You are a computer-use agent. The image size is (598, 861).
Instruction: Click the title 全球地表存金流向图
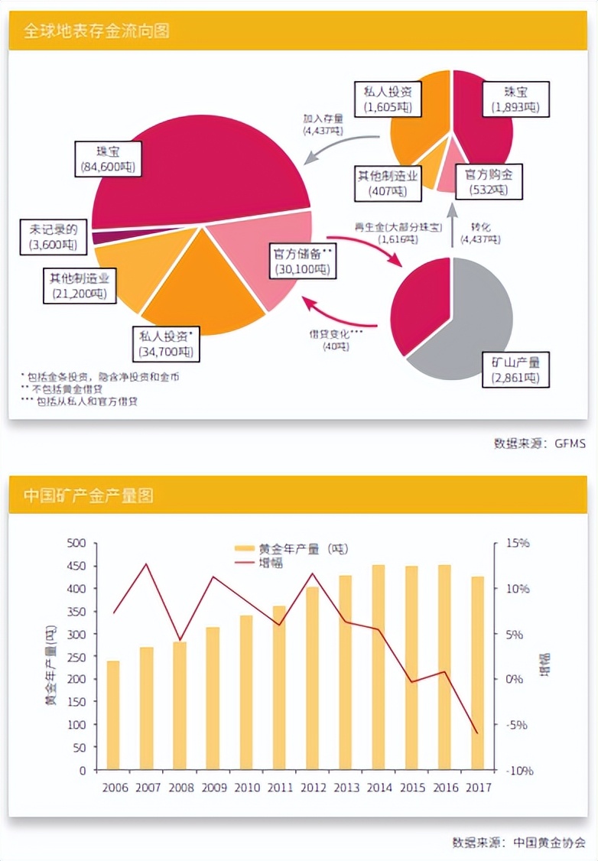[x=96, y=31]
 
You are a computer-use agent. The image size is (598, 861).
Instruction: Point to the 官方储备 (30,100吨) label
[x=304, y=260]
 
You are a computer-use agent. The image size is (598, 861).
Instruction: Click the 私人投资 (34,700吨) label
[x=165, y=344]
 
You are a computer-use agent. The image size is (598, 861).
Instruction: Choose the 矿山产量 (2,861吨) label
[x=510, y=370]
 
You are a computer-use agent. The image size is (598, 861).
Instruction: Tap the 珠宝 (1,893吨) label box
[x=515, y=99]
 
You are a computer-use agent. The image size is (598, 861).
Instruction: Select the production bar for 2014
[x=378, y=667]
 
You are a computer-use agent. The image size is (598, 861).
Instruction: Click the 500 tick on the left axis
[x=75, y=544]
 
